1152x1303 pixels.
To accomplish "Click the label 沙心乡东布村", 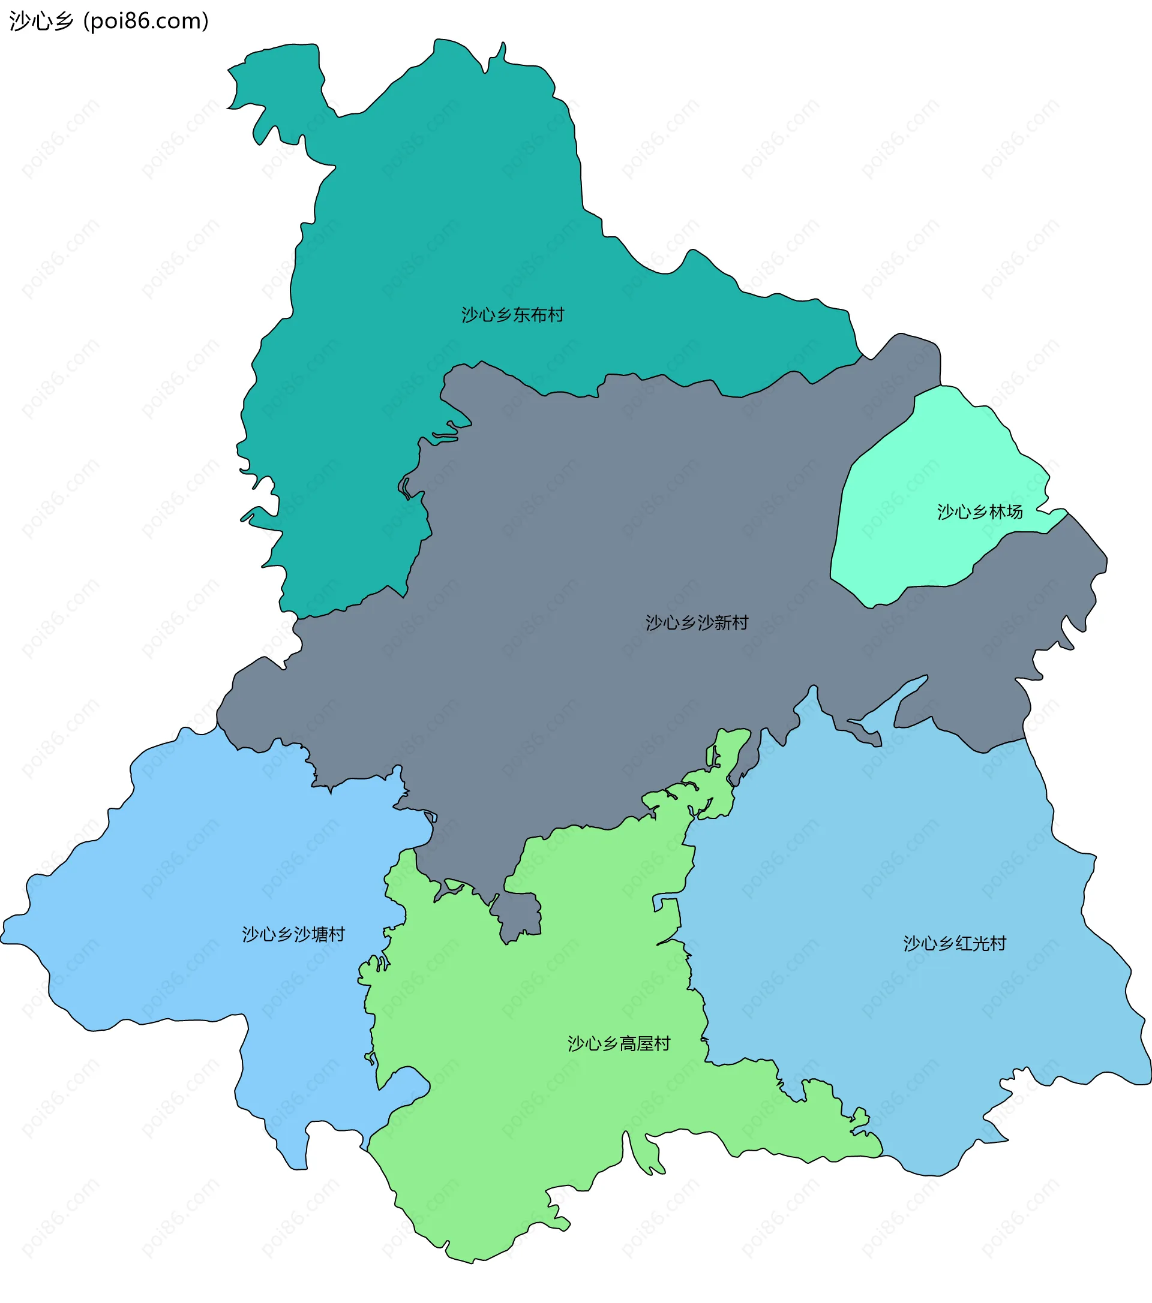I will pos(512,315).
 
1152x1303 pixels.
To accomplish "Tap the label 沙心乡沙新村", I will pos(697,623).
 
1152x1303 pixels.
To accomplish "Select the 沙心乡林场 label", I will pos(980,512).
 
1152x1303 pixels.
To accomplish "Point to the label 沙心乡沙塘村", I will pos(293,935).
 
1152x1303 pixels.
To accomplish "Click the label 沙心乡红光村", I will pos(955,943).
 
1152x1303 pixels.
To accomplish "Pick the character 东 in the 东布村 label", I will pos(521,315).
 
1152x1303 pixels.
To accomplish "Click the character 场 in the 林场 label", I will pos(1015,512).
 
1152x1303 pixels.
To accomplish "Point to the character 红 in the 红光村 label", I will pos(964,943).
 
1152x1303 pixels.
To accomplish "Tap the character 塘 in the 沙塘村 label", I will pos(320,935).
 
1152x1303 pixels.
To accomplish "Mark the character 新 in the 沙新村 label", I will pos(723,623).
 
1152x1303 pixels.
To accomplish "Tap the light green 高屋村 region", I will pos(542,1115).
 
